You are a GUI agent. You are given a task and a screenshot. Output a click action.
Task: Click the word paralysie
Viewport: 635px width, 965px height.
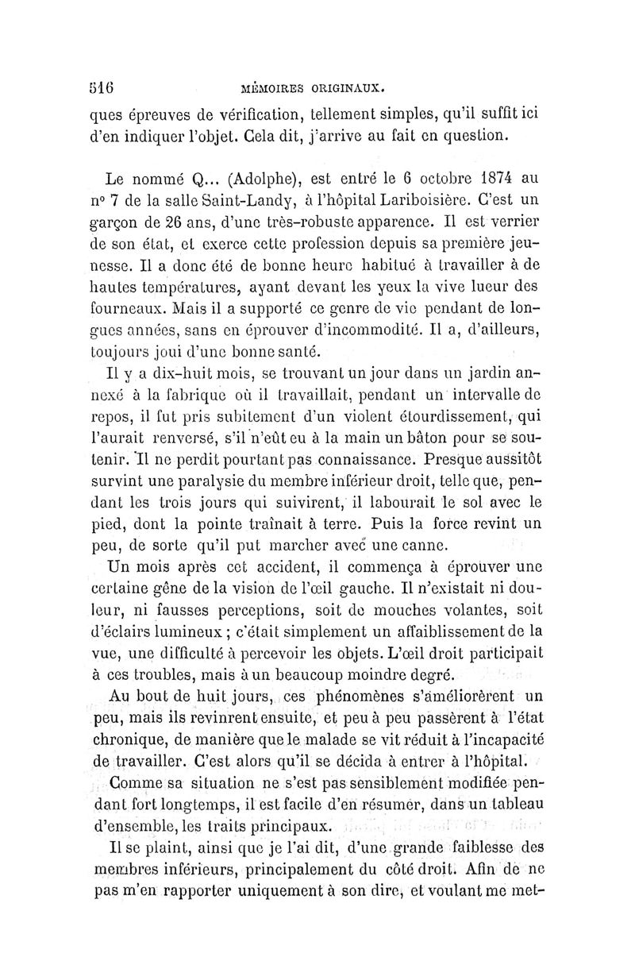pos(225,481)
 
